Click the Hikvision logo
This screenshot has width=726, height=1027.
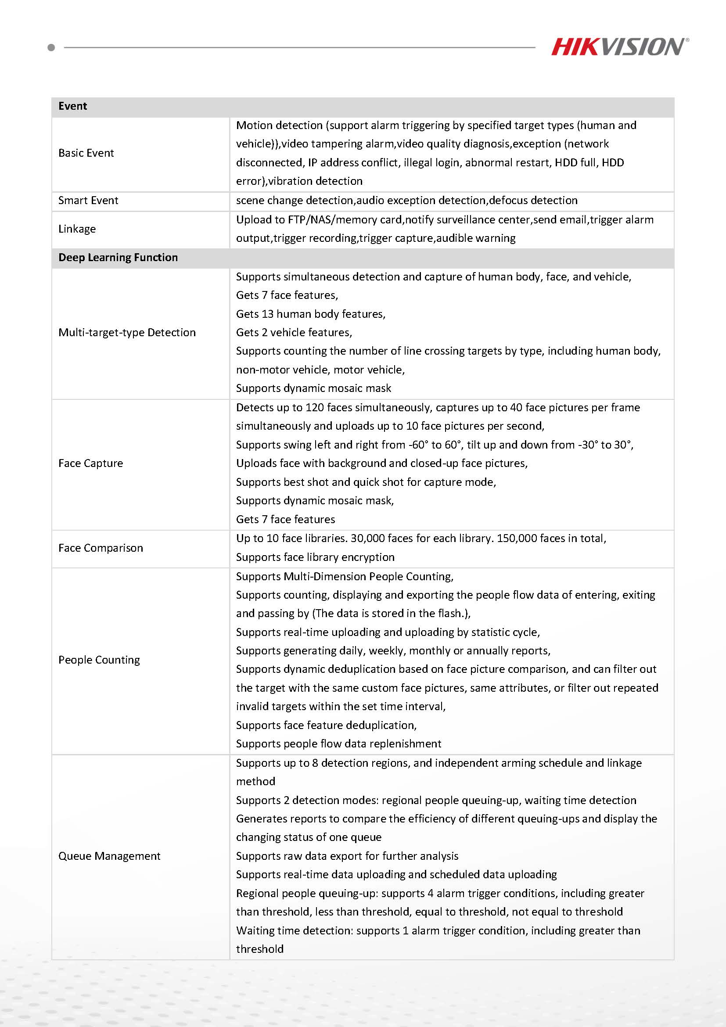tap(619, 47)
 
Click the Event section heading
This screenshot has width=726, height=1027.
tap(72, 106)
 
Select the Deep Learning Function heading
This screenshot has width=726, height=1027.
tap(118, 257)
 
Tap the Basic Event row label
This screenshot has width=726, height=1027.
tap(86, 153)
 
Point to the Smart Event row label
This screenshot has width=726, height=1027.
tap(88, 201)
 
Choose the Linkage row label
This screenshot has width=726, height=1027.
tap(77, 229)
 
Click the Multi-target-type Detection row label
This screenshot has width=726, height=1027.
tap(127, 332)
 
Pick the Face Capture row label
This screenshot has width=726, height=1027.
tap(90, 463)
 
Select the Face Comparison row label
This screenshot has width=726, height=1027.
tap(101, 548)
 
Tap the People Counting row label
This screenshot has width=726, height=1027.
tap(99, 660)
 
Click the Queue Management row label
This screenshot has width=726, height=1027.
tap(109, 856)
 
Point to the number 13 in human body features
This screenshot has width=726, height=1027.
tap(267, 314)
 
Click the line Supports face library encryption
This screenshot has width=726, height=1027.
tap(315, 557)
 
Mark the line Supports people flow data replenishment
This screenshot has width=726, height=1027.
tap(338, 744)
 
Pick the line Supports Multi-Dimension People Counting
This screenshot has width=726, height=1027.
tap(345, 577)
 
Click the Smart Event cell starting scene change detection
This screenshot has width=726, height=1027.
tap(406, 201)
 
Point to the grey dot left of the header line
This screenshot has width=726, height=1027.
tap(51, 47)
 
